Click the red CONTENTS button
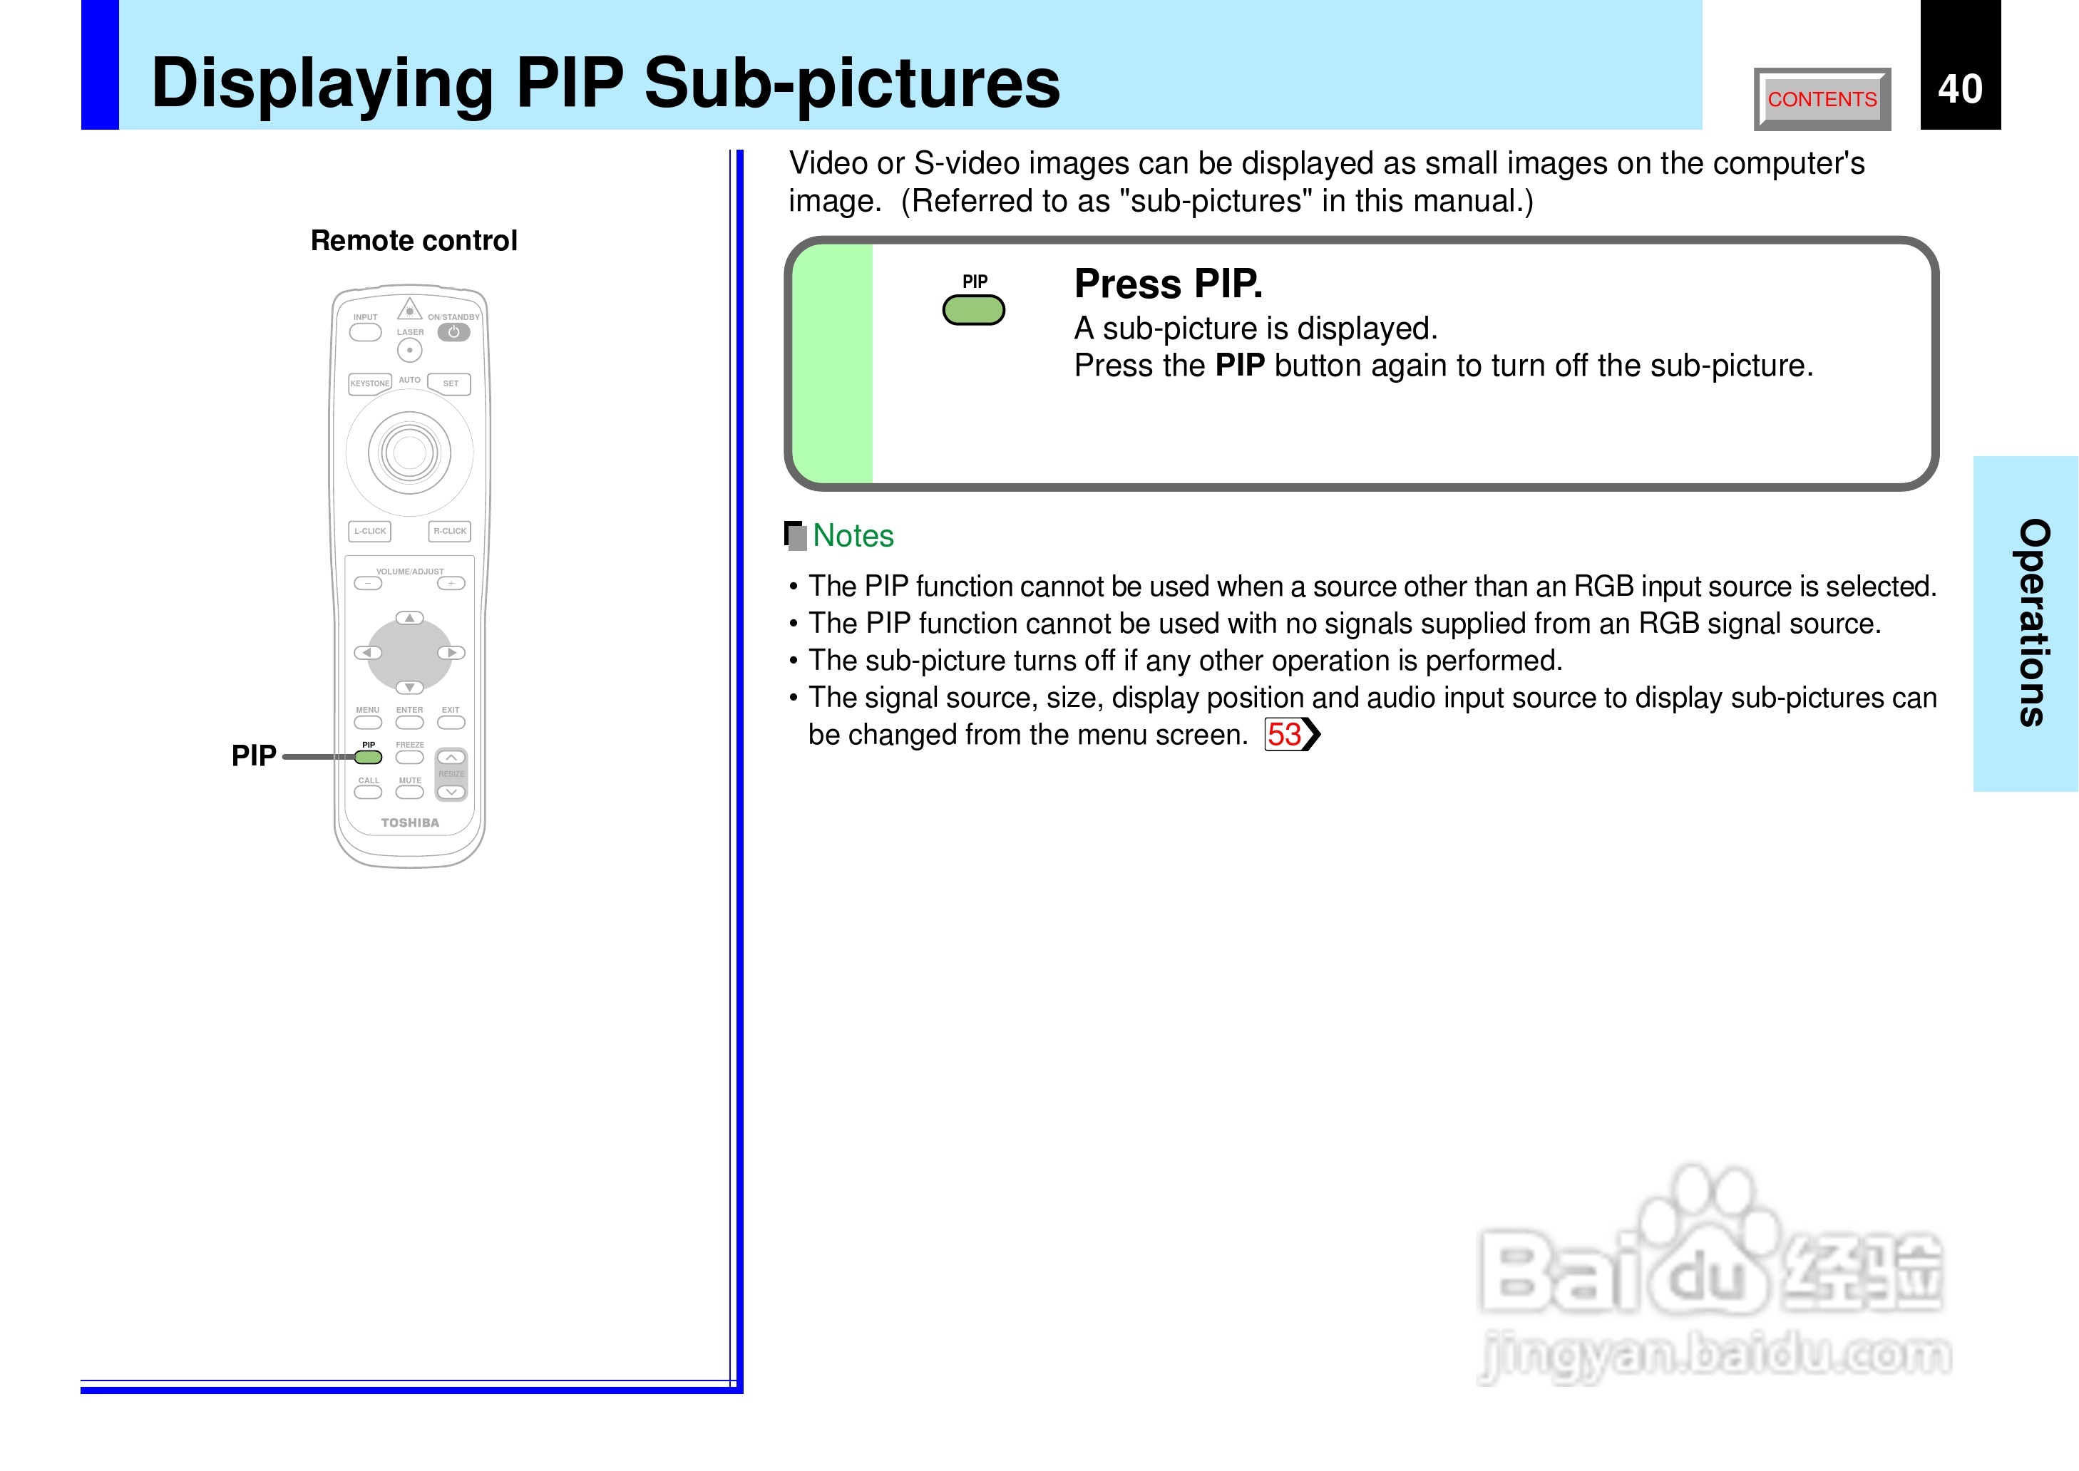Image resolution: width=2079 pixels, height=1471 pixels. [1821, 99]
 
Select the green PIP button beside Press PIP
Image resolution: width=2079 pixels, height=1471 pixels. [973, 310]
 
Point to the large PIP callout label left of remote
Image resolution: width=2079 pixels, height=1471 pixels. [254, 755]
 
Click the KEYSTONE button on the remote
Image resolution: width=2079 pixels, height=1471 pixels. [369, 383]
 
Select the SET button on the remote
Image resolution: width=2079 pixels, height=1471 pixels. [450, 383]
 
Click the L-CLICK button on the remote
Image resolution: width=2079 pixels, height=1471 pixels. [369, 531]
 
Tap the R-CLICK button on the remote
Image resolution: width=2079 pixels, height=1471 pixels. [449, 531]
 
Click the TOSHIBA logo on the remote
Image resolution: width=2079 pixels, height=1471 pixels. [409, 822]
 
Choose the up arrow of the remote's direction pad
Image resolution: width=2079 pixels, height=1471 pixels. [409, 618]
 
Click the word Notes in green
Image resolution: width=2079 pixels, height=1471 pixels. [853, 535]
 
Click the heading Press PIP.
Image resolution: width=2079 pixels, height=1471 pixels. [1168, 284]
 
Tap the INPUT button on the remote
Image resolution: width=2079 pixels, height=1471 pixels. [365, 332]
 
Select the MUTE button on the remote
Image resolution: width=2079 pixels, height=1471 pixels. [409, 793]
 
